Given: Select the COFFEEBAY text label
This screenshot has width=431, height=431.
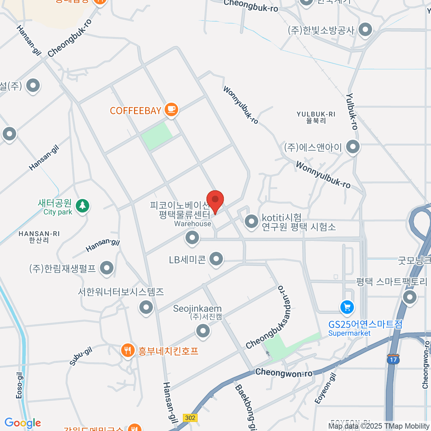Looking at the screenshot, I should click(135, 111).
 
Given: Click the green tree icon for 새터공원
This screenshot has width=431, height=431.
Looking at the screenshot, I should click(83, 206).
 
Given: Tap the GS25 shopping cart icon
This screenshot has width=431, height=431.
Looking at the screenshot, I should click(347, 307).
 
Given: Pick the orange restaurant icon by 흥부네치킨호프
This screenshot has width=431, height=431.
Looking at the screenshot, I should click(128, 350).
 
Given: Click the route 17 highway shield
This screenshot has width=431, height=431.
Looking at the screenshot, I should click(393, 359).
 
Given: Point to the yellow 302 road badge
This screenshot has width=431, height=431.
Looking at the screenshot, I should click(190, 418).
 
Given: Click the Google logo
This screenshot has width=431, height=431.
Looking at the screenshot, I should click(23, 423).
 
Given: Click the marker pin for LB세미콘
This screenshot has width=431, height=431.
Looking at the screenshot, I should click(216, 259).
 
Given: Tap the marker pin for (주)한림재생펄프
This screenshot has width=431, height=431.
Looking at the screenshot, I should click(106, 268).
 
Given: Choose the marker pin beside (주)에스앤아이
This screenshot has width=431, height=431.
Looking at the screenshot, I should click(353, 147).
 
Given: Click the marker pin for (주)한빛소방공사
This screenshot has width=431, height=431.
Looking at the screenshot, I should click(365, 30).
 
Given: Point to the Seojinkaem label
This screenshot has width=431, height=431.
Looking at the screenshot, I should click(197, 309).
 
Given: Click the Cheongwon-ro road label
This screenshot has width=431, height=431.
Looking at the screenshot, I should click(284, 373).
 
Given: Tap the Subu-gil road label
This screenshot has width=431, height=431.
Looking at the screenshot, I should click(81, 356).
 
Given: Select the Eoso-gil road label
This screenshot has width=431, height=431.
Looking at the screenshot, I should click(20, 385).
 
